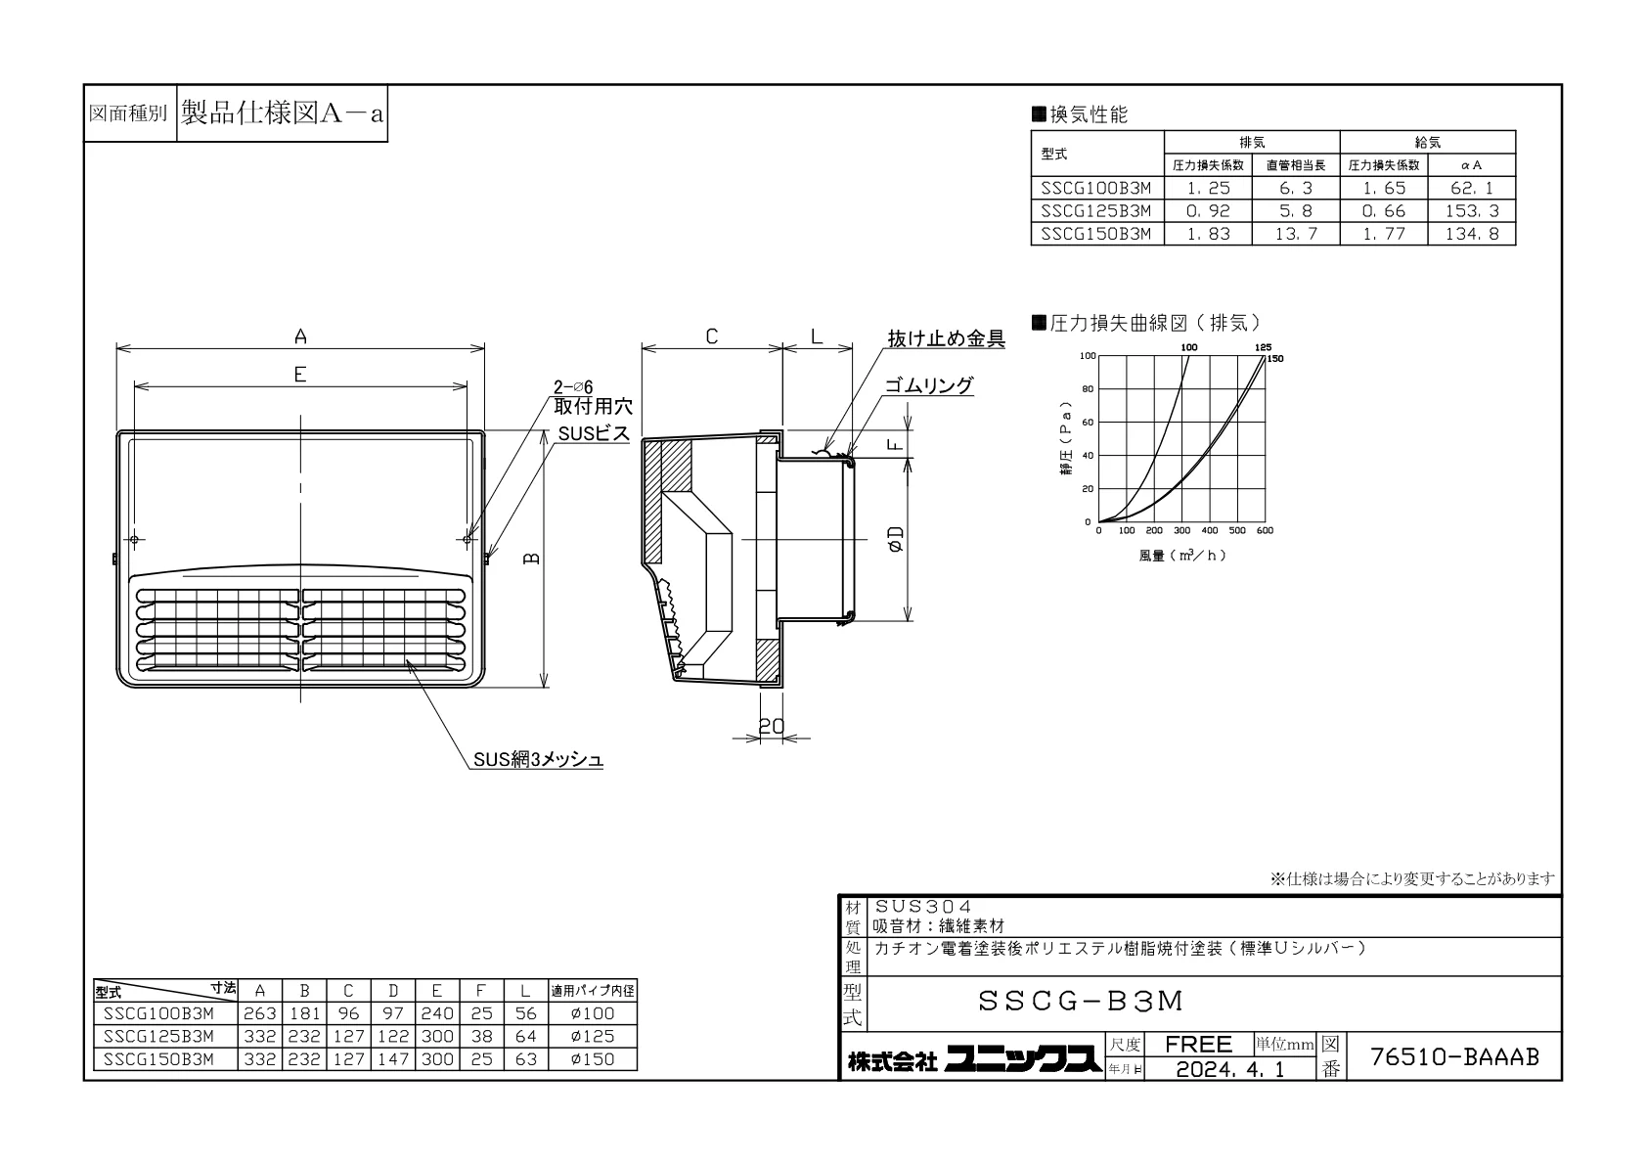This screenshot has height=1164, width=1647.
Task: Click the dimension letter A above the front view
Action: point(300,336)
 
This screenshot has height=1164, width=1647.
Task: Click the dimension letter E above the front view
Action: point(300,375)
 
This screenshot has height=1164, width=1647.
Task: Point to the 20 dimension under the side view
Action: point(772,727)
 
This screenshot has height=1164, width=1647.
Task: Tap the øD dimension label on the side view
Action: point(896,539)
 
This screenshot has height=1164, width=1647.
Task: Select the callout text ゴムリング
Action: point(929,385)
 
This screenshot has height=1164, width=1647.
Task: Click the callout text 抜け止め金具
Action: point(947,338)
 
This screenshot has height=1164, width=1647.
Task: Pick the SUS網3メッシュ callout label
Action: point(538,760)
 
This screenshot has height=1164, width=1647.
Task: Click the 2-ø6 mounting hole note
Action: point(573,387)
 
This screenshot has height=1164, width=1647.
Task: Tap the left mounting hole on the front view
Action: point(135,540)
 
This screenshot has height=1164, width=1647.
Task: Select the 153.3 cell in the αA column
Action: point(1472,211)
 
